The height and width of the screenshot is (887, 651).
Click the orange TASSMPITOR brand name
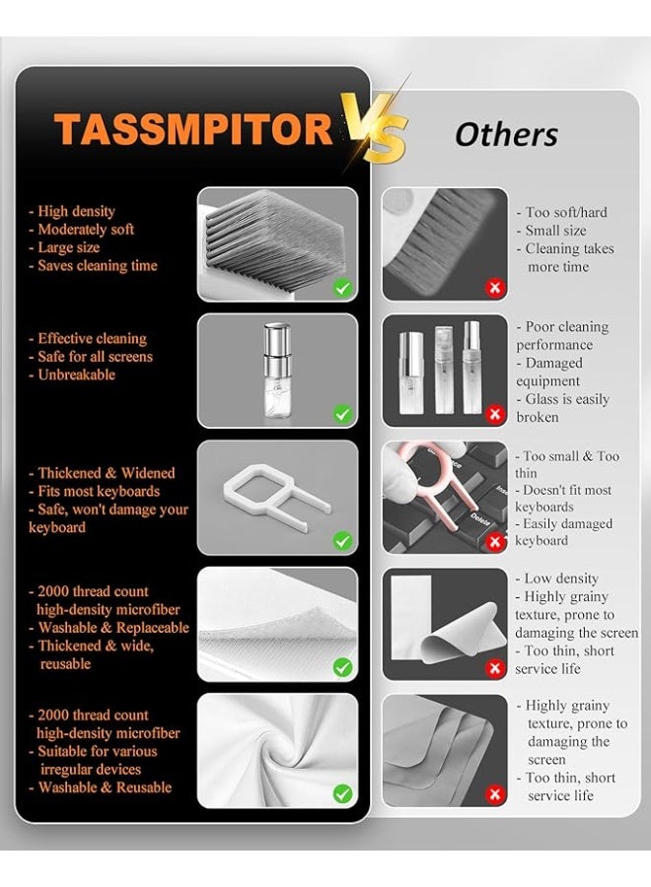(x=192, y=130)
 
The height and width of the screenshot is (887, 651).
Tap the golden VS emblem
(x=374, y=128)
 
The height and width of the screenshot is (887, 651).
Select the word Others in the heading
(x=506, y=134)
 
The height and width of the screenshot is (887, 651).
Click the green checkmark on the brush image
(x=342, y=288)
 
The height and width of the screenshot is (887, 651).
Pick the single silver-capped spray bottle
(x=277, y=366)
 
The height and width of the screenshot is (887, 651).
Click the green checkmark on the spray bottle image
(x=342, y=414)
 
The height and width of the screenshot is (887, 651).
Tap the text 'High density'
(x=76, y=211)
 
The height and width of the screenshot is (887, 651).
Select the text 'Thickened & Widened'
(x=106, y=473)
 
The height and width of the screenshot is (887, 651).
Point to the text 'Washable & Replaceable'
(x=112, y=628)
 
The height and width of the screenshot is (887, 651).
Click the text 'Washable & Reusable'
(x=105, y=787)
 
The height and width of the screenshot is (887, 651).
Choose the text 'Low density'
(x=561, y=579)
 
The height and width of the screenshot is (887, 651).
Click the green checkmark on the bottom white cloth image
(x=342, y=793)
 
